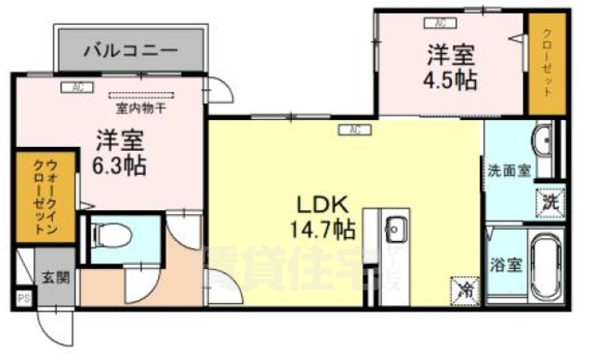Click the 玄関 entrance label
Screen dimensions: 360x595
point(50,276)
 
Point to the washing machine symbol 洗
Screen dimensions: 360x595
point(549,200)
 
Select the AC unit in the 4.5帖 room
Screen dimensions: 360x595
point(437,20)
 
